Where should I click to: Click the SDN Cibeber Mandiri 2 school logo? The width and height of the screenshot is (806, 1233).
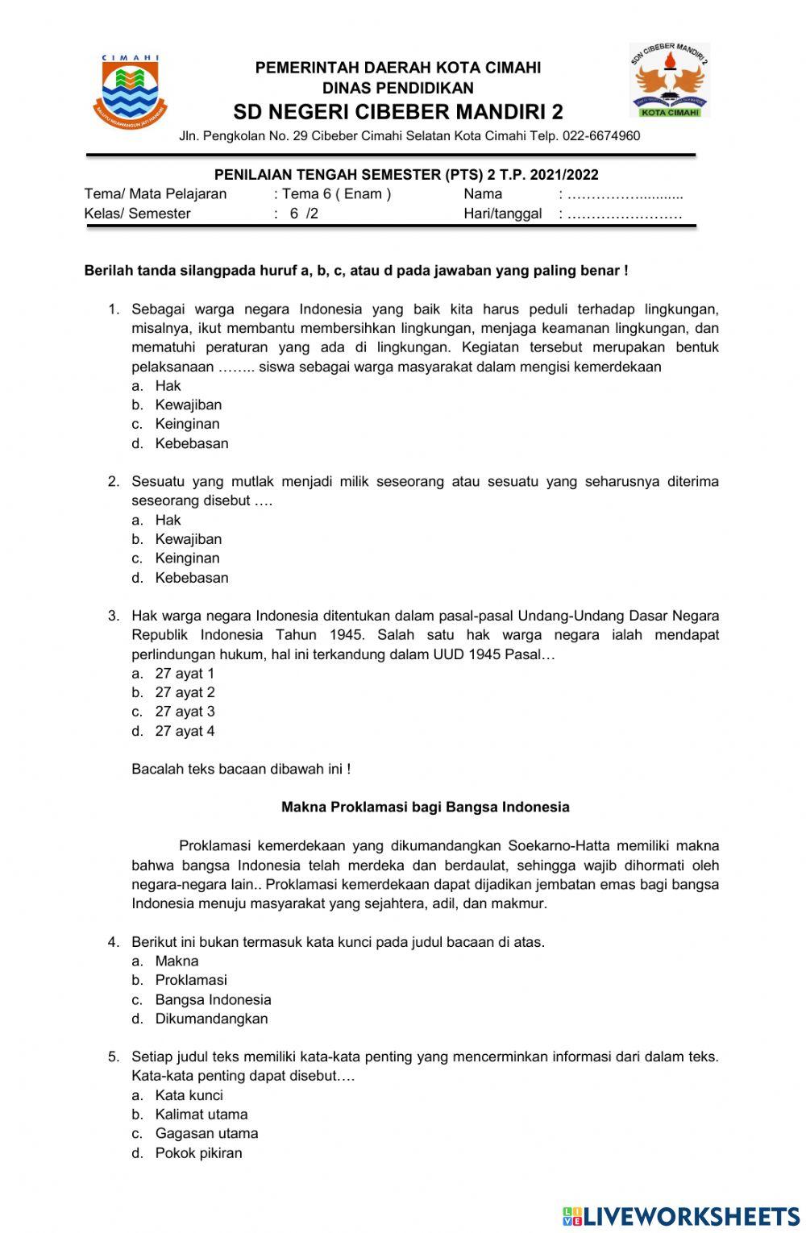(x=668, y=81)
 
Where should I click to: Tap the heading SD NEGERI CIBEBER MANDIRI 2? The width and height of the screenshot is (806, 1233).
(x=398, y=111)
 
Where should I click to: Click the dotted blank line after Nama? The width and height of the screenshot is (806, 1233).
(x=625, y=194)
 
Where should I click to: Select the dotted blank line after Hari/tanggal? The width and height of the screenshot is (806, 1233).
(x=625, y=214)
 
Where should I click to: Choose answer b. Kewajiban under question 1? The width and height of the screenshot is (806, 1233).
(x=188, y=405)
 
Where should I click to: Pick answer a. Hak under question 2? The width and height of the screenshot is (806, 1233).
(x=168, y=520)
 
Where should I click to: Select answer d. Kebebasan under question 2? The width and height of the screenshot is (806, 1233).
(x=191, y=578)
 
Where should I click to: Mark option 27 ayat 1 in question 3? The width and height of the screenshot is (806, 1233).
(x=185, y=674)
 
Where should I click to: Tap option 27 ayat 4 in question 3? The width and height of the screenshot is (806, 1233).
(x=185, y=732)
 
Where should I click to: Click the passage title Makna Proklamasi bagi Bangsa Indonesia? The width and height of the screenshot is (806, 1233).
(x=425, y=807)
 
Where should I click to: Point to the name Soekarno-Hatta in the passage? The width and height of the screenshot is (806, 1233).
(x=559, y=846)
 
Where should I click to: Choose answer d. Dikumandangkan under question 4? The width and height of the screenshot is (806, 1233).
(x=211, y=1019)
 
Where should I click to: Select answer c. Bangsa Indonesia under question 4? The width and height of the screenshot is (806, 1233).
(x=213, y=999)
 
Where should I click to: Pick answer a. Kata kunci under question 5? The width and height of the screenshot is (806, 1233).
(x=189, y=1095)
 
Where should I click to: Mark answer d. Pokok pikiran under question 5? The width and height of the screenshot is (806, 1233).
(x=198, y=1153)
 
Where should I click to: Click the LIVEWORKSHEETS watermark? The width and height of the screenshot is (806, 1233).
(x=680, y=1216)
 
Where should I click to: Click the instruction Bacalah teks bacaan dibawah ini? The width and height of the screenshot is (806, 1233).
(x=240, y=769)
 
